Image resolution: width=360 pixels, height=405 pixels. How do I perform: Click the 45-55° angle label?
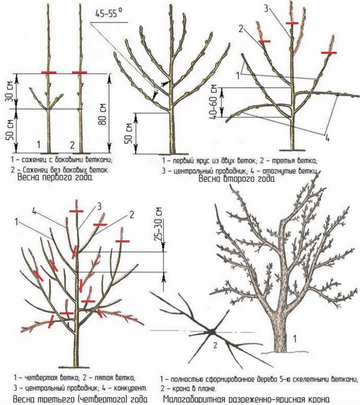(x=109, y=13)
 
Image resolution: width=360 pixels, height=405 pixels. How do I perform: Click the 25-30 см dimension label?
(x=158, y=224)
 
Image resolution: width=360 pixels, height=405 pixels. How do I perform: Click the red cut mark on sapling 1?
(x=49, y=73)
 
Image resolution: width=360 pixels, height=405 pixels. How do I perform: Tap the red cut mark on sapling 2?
(x=80, y=73)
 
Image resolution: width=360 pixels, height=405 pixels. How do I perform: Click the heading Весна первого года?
(x=55, y=177)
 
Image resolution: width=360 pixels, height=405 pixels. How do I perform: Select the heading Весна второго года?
(x=236, y=179)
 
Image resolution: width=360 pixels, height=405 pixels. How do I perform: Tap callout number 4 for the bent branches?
(x=327, y=138)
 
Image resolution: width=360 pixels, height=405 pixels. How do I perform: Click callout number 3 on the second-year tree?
(x=266, y=8)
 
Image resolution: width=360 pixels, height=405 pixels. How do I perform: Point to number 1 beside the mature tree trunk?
(x=294, y=339)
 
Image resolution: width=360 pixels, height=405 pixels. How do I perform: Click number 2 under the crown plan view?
(x=215, y=345)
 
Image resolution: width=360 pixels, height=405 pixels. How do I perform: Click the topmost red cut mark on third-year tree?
(x=76, y=211)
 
